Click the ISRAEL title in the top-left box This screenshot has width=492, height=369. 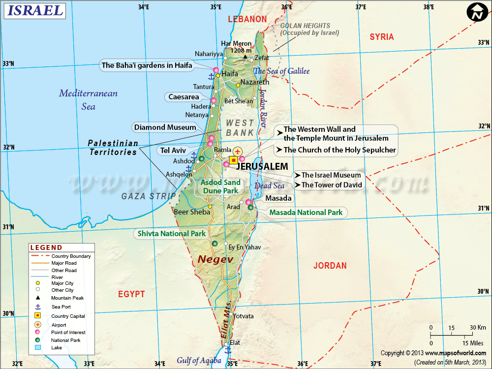click(34, 10)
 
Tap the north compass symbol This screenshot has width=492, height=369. click(476, 13)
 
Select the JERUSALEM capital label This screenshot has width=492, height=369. click(262, 167)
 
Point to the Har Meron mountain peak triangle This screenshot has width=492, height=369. click(245, 57)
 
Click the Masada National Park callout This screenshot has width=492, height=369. click(306, 213)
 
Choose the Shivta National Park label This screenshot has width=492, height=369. click(171, 234)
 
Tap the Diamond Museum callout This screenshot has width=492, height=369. click(165, 127)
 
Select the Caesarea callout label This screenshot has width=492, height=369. click(184, 97)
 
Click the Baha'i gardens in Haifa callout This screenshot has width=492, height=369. click(147, 65)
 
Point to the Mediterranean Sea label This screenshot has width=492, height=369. click(88, 99)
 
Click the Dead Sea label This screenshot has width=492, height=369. click(270, 186)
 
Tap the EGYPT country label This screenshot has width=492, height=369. click(131, 294)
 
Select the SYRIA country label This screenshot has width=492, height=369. click(382, 37)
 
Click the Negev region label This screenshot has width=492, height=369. click(215, 259)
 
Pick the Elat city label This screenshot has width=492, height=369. click(235, 342)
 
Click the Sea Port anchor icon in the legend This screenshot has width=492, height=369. click(37, 307)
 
